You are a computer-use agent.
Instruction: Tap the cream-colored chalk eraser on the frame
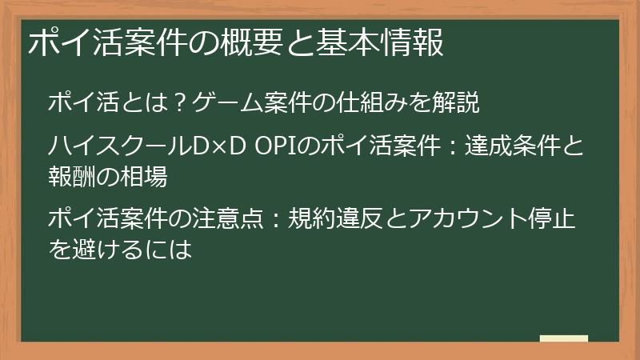coord(563,338)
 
